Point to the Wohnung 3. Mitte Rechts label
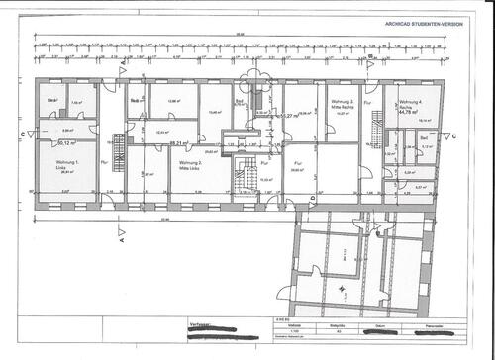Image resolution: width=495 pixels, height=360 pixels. point(342,102)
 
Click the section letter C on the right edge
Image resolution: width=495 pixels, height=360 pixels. point(453,135)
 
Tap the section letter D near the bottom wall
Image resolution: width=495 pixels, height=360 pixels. point(312,200)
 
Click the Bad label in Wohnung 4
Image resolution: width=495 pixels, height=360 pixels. point(423,136)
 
